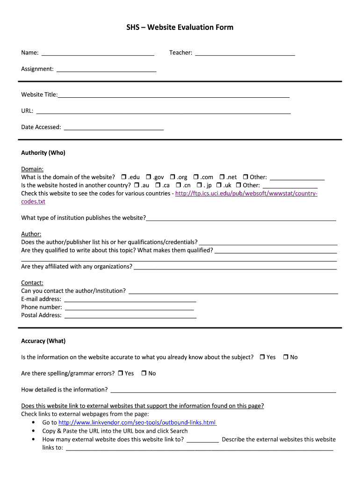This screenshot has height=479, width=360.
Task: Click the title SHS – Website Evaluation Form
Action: click(180, 27)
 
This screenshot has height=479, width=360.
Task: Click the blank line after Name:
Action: click(98, 53)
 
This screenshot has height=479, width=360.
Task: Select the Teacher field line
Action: click(245, 53)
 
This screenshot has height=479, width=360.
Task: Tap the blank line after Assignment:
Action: click(106, 70)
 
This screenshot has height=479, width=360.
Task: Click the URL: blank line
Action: click(163, 111)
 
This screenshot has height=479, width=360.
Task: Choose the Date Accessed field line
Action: click(114, 128)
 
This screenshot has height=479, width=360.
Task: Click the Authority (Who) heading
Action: click(43, 153)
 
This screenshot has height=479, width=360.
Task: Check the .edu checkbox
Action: click(124, 177)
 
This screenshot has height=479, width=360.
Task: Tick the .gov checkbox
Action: click(148, 177)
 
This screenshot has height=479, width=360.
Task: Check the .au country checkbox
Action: click(137, 185)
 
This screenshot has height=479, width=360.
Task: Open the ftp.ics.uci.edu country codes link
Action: click(246, 194)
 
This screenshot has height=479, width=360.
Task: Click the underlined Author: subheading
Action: click(31, 234)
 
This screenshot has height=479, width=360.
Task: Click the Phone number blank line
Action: click(129, 308)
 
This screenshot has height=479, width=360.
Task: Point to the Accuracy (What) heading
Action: click(43, 341)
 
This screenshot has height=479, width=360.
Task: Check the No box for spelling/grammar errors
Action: click(144, 373)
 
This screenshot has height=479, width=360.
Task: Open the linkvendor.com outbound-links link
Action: click(137, 422)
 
